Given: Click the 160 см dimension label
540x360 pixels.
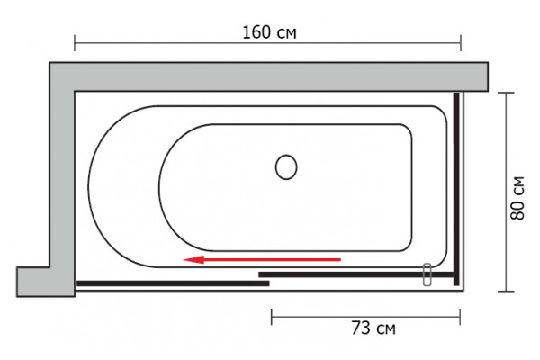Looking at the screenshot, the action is [x=269, y=32].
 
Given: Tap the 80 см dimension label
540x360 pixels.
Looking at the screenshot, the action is [x=517, y=198].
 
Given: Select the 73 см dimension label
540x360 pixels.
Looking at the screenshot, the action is [x=373, y=328].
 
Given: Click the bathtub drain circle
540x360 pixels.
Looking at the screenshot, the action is [x=286, y=167].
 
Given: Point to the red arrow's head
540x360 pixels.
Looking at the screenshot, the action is [x=193, y=259].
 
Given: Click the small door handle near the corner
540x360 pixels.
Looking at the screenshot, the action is [x=427, y=274].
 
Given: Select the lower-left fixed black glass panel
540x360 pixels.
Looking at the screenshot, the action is [x=173, y=283].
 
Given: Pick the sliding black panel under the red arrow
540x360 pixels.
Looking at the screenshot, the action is [x=355, y=274].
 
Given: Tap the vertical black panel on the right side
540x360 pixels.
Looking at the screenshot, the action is [x=456, y=189].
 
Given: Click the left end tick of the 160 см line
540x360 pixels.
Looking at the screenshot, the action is [x=75, y=43].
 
